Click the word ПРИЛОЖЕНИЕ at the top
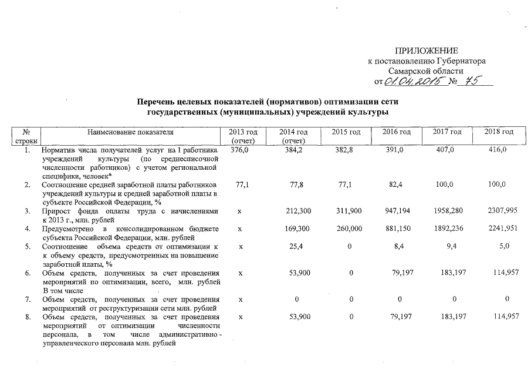pos(427,51)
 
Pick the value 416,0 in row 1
pos(497,151)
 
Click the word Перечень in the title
pos(157,101)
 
